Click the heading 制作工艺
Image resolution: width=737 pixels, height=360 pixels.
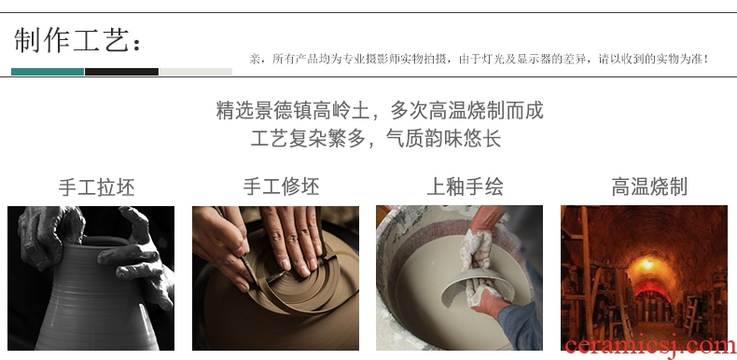77,40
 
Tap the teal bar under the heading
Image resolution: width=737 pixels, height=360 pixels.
48,72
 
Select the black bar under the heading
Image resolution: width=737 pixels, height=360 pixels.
121,72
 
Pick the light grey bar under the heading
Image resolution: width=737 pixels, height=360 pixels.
196,72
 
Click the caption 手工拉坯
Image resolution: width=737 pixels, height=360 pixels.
96,187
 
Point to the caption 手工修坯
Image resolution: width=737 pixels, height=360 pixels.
281,187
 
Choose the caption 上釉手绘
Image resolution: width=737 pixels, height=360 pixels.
465,187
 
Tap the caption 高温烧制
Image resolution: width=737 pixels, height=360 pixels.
649,187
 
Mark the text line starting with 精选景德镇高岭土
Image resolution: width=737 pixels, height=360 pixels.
380,111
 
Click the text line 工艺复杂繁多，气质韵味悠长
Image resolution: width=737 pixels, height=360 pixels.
376,139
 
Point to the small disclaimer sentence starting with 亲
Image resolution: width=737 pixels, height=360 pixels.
479,59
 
